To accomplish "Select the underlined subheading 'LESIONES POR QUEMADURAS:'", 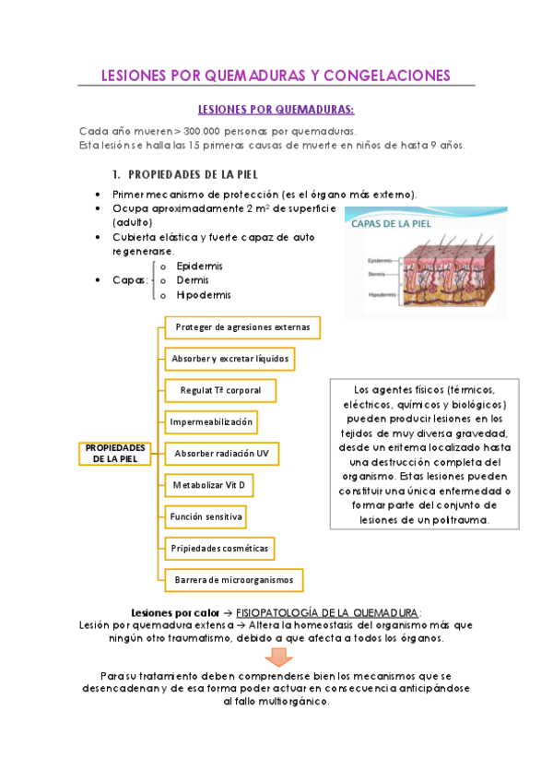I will coord(276,110).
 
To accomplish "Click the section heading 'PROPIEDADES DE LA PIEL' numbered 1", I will coord(193,174).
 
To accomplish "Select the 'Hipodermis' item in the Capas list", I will coord(203,295).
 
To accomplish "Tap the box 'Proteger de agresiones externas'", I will coord(242,326).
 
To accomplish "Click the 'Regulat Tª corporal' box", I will coord(220,390).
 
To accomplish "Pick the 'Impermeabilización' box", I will coord(211,421).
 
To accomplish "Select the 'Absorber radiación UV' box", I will coord(221,453).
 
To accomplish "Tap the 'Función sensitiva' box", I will coord(206,515).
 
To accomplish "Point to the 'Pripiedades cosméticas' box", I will coord(219,548).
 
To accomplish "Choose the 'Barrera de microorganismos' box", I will coord(234,579).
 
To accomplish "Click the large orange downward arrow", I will coord(276,656).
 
